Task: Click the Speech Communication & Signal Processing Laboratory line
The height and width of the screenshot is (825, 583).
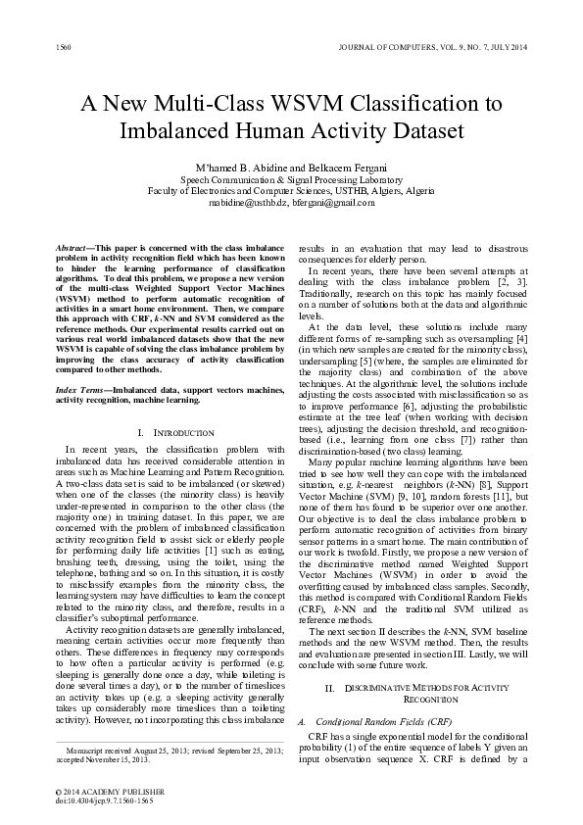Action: (290, 179)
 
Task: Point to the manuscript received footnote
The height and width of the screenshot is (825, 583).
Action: (163, 750)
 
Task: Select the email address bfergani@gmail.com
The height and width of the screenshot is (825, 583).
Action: (333, 204)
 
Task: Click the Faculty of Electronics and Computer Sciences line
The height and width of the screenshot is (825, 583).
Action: (290, 192)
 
